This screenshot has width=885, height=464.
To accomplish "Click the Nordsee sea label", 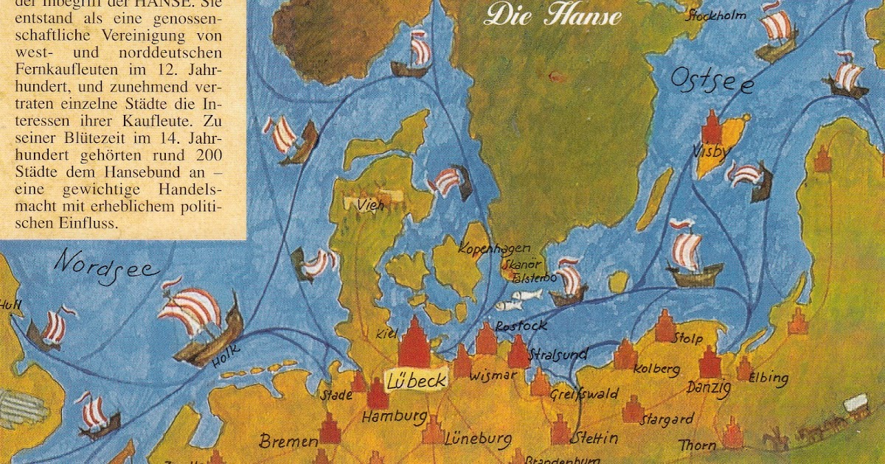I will [x=107, y=263].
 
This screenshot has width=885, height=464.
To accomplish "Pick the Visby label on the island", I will [x=711, y=152].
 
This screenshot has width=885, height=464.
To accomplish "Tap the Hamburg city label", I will [x=394, y=417].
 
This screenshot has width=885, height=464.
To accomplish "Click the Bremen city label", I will [x=288, y=441].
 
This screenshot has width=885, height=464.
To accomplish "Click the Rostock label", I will [x=521, y=325].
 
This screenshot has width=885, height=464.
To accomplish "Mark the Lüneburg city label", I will [x=478, y=440].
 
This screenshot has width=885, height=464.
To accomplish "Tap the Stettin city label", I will [x=594, y=437].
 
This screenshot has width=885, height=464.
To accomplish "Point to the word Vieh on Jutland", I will [x=369, y=205].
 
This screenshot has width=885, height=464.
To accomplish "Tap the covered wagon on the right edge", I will [x=855, y=404].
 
